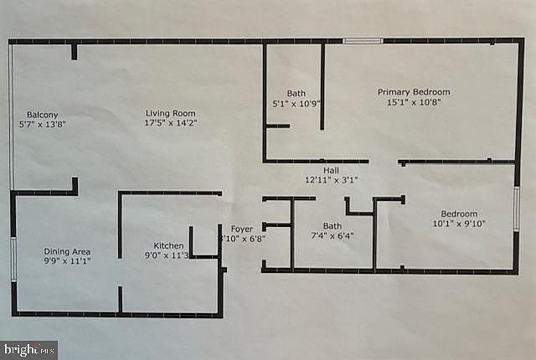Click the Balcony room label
coord(42,115)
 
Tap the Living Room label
coord(170,114)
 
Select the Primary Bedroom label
coord(414,92)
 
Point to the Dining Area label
coord(67,252)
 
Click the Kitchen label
coord(168,245)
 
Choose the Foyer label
coord(242,228)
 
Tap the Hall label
coord(332,168)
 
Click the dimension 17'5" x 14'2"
coord(170,124)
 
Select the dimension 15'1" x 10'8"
coord(414,102)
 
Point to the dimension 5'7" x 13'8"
coord(42,125)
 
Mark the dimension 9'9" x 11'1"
coord(67,262)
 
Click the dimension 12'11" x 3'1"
coord(332,178)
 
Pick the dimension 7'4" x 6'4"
coord(332,236)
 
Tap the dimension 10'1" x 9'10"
coord(459,224)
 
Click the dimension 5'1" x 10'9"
coord(296,104)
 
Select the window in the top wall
coord(363,40)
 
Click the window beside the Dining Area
coord(13,259)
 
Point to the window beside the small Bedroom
coord(517,208)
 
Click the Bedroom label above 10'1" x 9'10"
coord(460,213)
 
